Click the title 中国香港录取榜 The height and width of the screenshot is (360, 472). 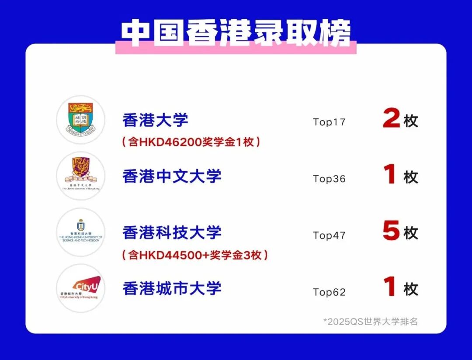coord(236,33)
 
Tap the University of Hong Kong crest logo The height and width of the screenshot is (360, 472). coord(81,119)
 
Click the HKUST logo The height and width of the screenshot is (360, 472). coord(81,232)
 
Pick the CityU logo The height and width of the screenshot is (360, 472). coord(81,288)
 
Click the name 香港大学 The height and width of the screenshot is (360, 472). coord(155,120)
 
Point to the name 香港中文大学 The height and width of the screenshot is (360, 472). coord(172,176)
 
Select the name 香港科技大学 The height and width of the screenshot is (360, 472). coord(172,232)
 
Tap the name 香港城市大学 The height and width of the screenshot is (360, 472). coord(172,288)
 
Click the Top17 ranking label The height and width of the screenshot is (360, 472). coord(329,122)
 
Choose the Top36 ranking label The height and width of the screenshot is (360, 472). coord(329,179)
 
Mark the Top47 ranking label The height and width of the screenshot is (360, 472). coord(329,235)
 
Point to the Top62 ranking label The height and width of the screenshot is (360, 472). coord(329,292)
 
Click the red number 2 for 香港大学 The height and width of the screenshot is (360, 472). coord(391,119)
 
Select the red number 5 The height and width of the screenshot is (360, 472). coord(391,232)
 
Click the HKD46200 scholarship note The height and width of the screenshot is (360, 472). coord(191,142)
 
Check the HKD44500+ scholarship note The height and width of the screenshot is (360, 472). coord(194,255)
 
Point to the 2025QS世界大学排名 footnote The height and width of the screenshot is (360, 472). coord(371,322)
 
